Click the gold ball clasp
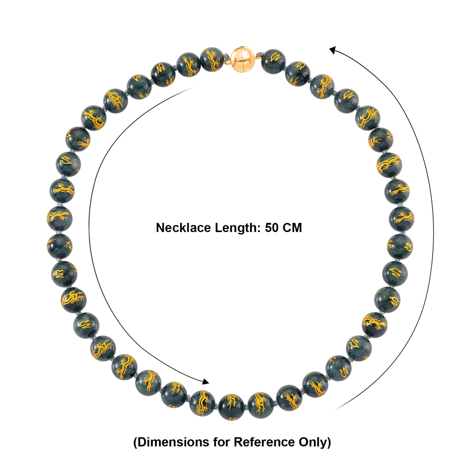pyautogui.click(x=242, y=58)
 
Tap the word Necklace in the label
pyautogui.click(x=183, y=228)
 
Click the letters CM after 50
pyautogui.click(x=292, y=228)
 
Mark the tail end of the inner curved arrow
pyautogui.click(x=195, y=87)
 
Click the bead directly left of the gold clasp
pyautogui.click(x=212, y=60)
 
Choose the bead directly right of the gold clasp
pyautogui.click(x=273, y=61)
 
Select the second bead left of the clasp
pyautogui.click(x=189, y=65)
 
